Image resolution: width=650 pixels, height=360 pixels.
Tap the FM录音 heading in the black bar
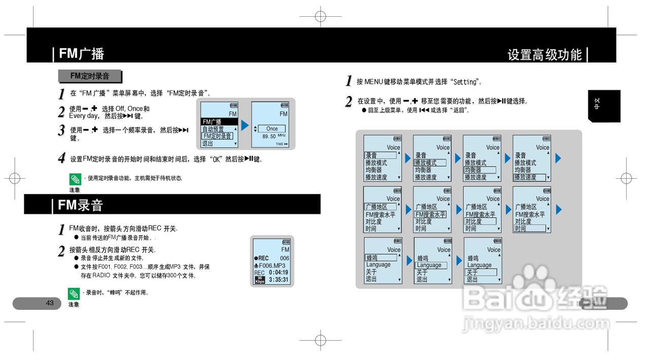[x=80, y=205]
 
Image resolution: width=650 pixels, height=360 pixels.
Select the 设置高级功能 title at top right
[x=544, y=54]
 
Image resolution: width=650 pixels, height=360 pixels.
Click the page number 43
[x=50, y=303]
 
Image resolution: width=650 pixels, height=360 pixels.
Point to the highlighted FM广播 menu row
[x=219, y=122]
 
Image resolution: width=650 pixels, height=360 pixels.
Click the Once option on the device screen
[x=272, y=128]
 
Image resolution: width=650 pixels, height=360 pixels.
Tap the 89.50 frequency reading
[x=269, y=137]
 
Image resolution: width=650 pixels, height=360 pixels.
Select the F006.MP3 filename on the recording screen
[x=272, y=266]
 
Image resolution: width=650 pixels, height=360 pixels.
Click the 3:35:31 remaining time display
[x=278, y=280]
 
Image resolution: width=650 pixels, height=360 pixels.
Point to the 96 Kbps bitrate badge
[x=259, y=280]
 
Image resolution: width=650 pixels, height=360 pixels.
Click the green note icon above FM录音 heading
[x=75, y=179]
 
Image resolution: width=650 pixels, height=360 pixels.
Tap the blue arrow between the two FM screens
[x=245, y=125]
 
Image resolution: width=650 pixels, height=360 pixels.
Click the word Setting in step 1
[x=465, y=82]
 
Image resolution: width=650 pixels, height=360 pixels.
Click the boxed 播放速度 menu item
[x=530, y=177]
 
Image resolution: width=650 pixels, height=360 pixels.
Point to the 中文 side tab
[x=597, y=106]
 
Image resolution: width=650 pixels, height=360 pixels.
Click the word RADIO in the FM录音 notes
[x=101, y=276]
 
